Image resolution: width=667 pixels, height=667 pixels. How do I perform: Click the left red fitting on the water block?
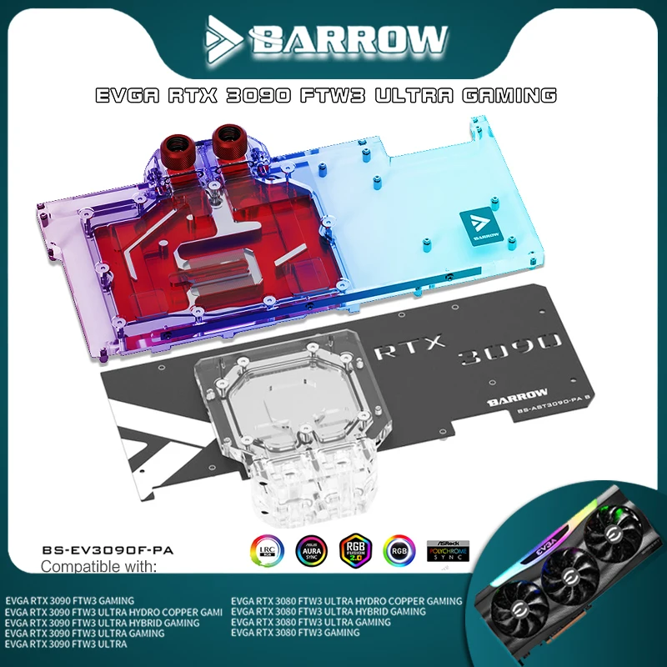(183, 140)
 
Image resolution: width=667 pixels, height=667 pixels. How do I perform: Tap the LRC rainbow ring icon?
(268, 551)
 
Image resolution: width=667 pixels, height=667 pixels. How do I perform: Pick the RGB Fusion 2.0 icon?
(354, 551)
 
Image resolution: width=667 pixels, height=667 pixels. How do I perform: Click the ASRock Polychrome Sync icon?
(444, 551)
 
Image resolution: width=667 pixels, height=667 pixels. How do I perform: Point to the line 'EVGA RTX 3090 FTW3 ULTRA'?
(66, 644)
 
